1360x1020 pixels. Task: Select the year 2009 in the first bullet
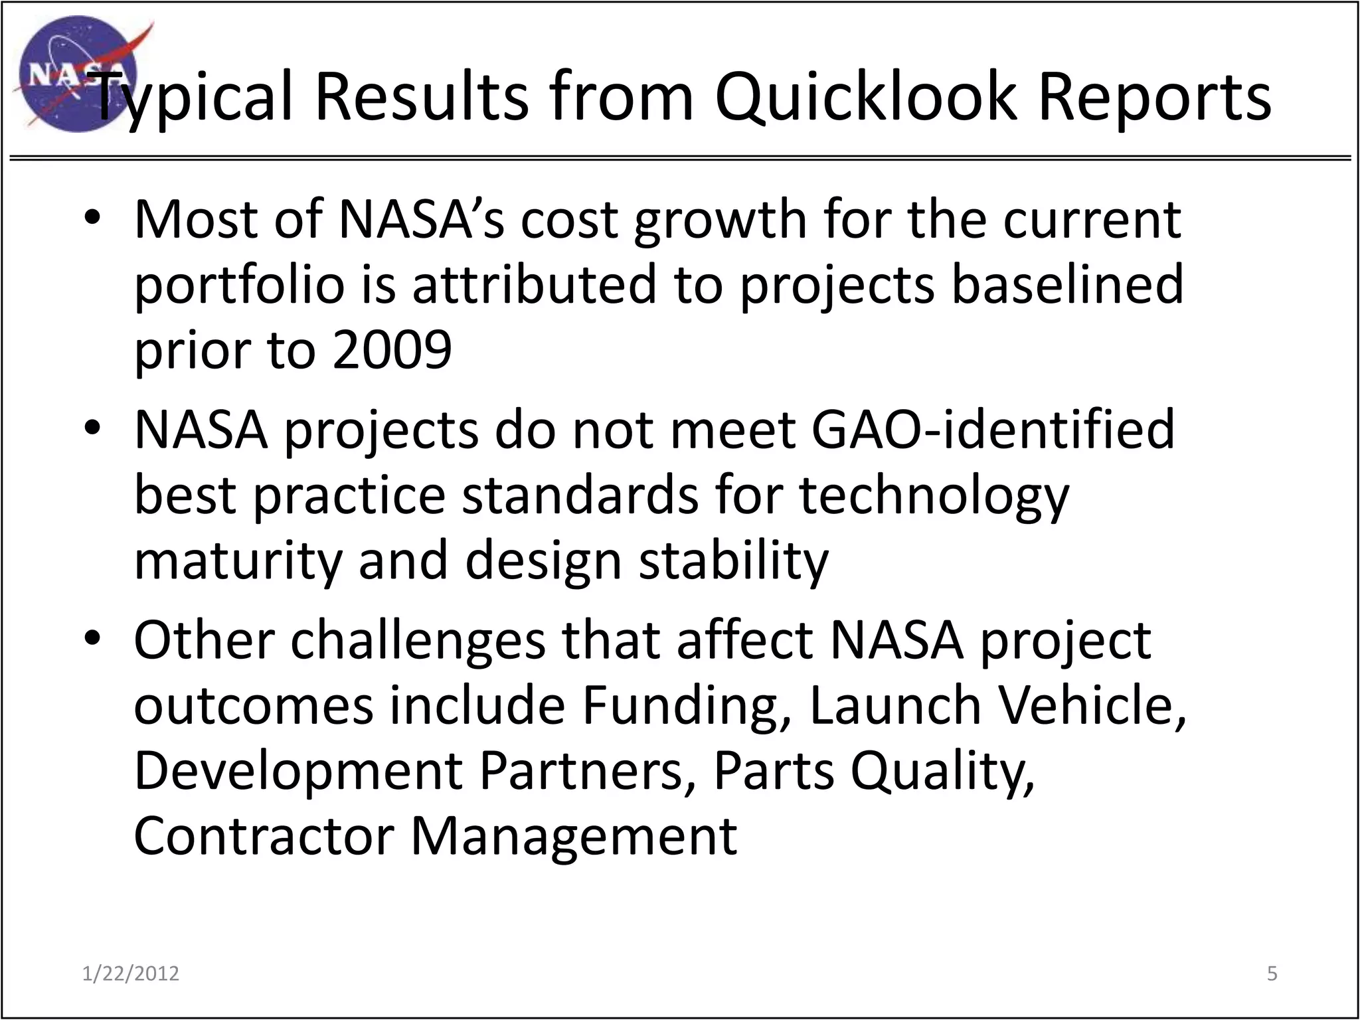[392, 350]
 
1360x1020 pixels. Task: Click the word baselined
[1067, 284]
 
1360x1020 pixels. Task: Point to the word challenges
[418, 640]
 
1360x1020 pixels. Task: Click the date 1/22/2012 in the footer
[131, 974]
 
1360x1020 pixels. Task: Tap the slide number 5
[1272, 974]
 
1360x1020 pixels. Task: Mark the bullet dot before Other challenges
[92, 639]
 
